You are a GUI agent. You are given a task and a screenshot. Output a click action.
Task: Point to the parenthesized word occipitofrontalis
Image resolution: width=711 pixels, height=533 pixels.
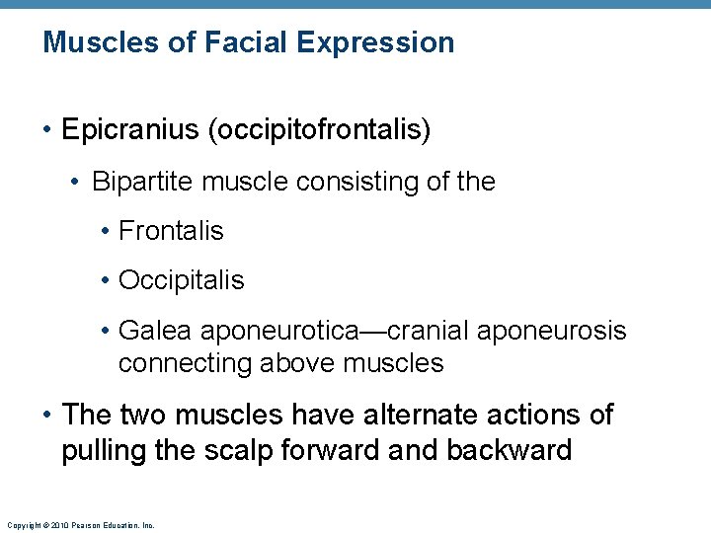coord(318,130)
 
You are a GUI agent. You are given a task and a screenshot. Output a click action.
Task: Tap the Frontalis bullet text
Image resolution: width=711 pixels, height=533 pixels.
coord(171,231)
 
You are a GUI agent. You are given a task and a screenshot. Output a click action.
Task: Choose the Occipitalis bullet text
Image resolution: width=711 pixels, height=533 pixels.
coord(181,280)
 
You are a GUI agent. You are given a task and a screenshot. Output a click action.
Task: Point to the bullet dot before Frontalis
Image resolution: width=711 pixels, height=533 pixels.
coord(106,232)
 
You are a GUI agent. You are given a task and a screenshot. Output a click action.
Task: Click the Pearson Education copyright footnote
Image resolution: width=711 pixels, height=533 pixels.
coord(80,525)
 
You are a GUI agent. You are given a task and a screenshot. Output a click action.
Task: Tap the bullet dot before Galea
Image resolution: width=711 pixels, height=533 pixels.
coord(106,331)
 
